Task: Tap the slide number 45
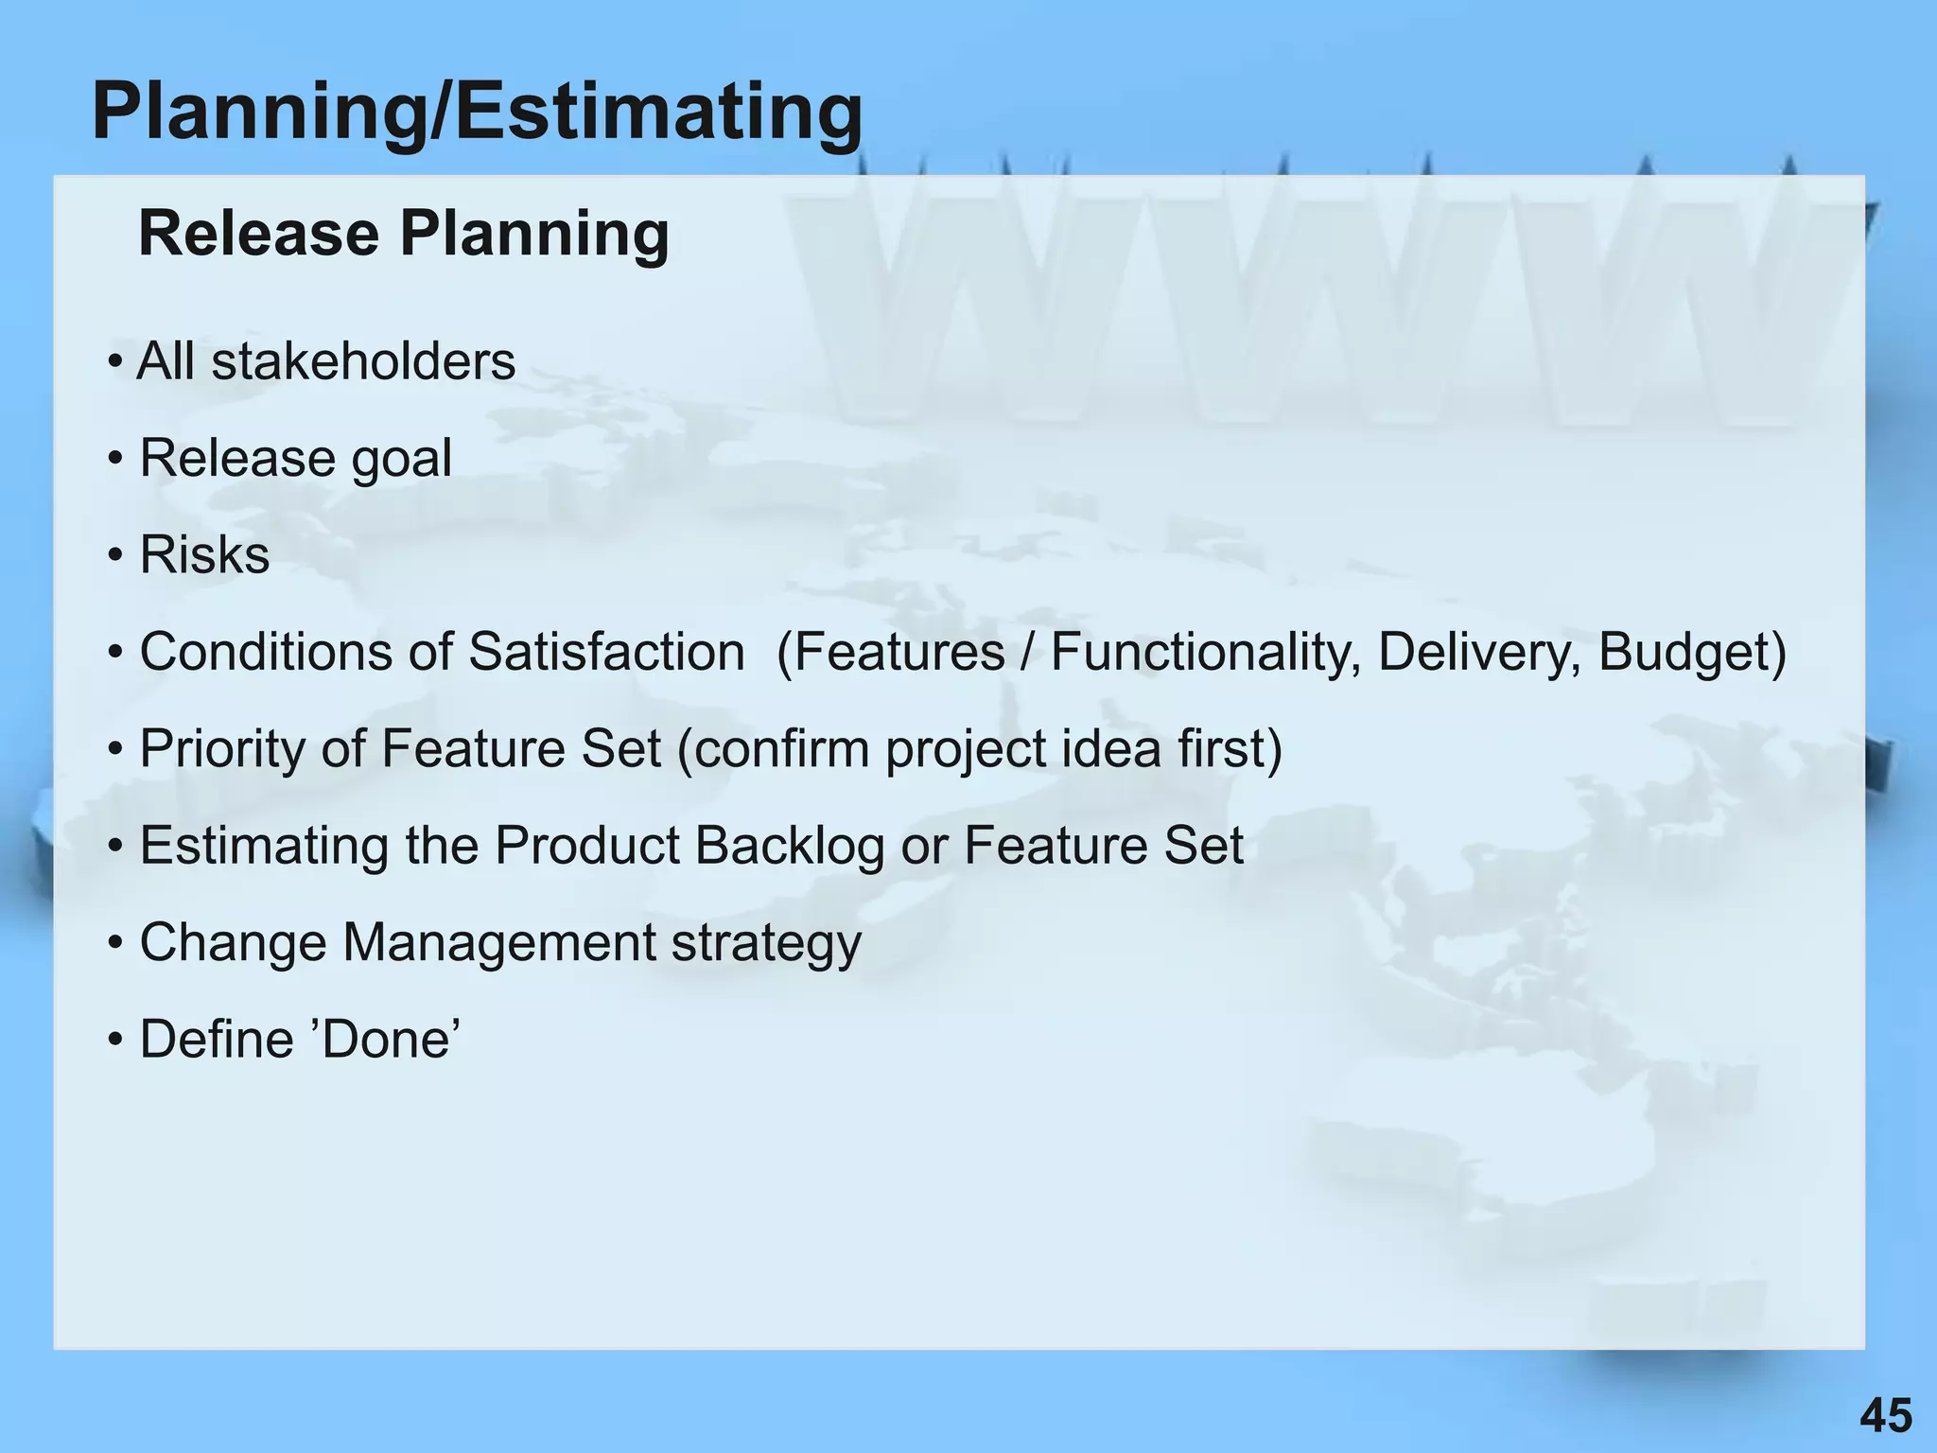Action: click(1886, 1416)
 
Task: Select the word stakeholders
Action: click(363, 361)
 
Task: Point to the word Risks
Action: click(204, 555)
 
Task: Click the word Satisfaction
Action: click(606, 652)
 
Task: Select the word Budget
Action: click(1682, 652)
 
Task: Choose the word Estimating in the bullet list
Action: click(264, 846)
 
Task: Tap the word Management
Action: click(498, 942)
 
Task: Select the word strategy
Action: click(766, 944)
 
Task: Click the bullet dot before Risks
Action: click(115, 555)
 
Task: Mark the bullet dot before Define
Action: click(115, 1040)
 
